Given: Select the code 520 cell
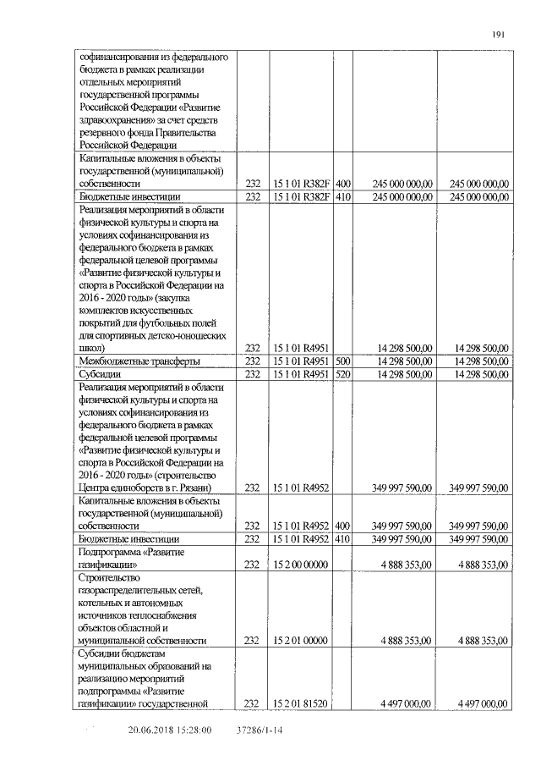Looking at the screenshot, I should (343, 373).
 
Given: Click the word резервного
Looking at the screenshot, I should (107, 133).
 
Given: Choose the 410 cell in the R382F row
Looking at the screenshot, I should (343, 196).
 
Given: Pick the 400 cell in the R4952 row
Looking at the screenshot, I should (343, 526).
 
